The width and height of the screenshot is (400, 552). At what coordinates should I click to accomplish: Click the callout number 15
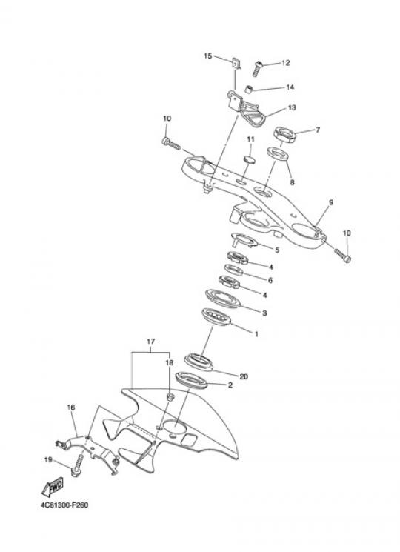tap(208, 56)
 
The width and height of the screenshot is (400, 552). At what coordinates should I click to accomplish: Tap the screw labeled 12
tap(258, 69)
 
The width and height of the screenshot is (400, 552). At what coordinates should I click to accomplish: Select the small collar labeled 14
tap(249, 90)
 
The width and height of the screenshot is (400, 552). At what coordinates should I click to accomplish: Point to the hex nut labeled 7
tap(285, 135)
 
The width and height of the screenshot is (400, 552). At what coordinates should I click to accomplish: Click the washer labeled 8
tap(278, 154)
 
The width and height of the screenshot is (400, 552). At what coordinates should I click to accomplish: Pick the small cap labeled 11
tap(250, 159)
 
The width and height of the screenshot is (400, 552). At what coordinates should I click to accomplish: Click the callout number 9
tap(330, 202)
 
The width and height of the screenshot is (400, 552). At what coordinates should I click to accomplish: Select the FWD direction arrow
tap(53, 488)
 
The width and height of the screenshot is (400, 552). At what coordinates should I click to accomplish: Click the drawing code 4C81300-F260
tap(64, 505)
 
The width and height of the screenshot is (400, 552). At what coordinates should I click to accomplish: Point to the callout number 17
tap(150, 341)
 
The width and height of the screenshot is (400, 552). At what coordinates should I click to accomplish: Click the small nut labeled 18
tap(170, 397)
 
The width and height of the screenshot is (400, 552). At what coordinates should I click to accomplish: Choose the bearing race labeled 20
tap(199, 362)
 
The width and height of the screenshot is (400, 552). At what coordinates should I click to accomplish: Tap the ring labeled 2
tap(191, 381)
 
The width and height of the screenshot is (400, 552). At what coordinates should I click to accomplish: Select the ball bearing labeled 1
tap(216, 317)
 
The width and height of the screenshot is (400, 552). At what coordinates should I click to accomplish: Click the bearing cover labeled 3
tap(223, 299)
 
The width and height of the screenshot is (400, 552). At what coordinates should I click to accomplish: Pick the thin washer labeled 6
tap(233, 269)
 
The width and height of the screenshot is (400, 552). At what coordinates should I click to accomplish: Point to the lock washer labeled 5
tap(244, 240)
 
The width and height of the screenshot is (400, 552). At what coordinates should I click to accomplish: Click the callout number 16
tap(71, 408)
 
